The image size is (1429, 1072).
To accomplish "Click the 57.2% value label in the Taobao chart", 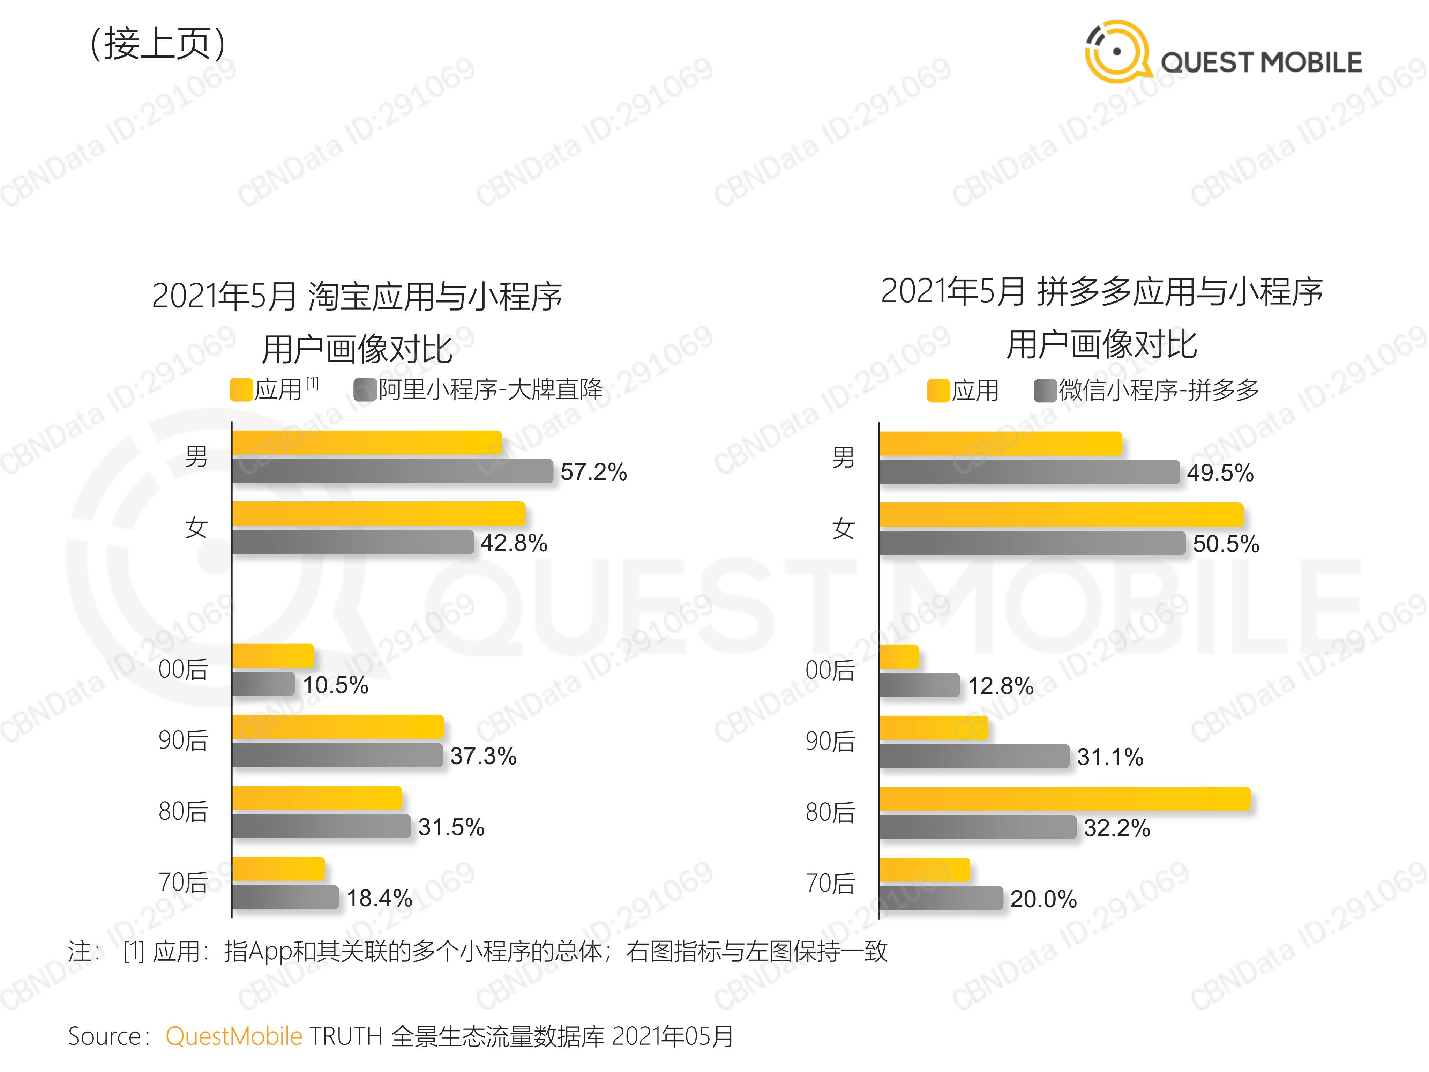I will click(x=593, y=472).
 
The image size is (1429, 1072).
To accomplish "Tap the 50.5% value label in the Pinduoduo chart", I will click(x=1226, y=544).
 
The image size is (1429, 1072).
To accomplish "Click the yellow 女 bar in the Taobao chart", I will click(x=379, y=514).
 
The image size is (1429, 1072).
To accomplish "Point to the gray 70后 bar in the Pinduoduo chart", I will click(x=941, y=898).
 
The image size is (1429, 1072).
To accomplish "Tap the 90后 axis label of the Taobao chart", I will click(x=184, y=740).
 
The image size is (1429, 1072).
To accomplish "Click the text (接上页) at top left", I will click(x=157, y=44).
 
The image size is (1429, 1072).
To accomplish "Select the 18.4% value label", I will click(x=379, y=898).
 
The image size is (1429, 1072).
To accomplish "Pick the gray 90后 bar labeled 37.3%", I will click(x=337, y=755).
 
